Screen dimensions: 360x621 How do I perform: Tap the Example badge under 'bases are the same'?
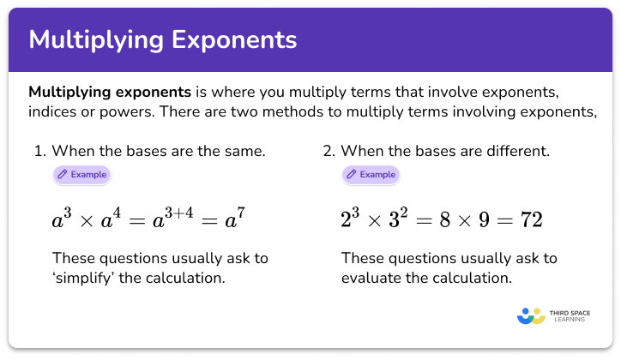[81, 174]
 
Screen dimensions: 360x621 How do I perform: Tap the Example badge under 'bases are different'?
[371, 174]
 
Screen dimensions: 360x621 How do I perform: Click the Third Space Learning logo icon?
[532, 315]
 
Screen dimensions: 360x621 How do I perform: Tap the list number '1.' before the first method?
[39, 152]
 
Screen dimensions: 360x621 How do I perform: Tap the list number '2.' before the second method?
[329, 152]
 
